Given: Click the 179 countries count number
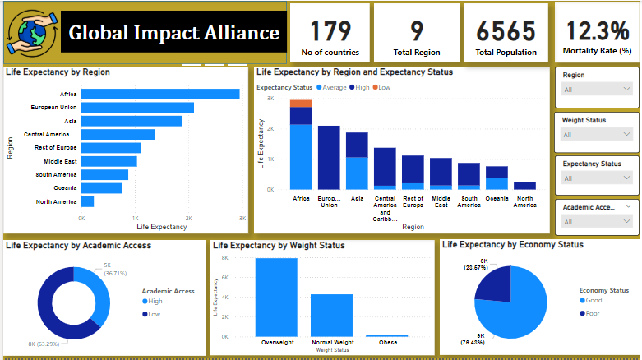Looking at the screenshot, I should click(329, 31).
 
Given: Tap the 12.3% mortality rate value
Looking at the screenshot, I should click(597, 31).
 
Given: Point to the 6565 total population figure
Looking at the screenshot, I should click(506, 31).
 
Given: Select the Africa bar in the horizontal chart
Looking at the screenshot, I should click(160, 94).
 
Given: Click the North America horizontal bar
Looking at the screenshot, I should click(87, 201).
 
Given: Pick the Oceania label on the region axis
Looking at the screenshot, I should click(66, 187).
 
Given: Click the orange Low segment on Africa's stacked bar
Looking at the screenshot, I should click(301, 103).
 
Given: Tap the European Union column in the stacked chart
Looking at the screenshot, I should click(329, 157).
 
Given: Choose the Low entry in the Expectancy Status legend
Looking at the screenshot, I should click(384, 87).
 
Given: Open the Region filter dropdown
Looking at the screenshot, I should click(597, 89).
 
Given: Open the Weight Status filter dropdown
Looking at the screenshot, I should click(597, 134).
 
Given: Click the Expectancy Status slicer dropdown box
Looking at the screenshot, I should click(597, 178).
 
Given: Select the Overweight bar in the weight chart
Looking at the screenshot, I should click(275, 297).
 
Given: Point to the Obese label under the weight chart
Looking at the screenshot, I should click(387, 342).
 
